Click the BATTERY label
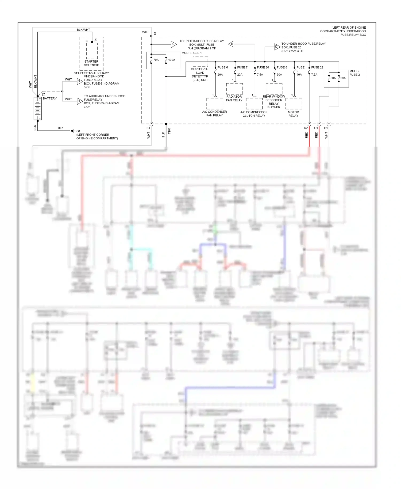(x=50, y=98)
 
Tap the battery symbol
(x=37, y=108)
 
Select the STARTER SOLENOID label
(x=91, y=63)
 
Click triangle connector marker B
(x=232, y=44)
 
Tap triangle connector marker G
(x=79, y=81)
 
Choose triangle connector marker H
(x=79, y=101)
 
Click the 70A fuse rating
(x=156, y=60)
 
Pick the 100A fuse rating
(x=172, y=60)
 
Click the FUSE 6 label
(x=222, y=67)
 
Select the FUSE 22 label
(x=317, y=67)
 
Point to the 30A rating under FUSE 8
(x=279, y=75)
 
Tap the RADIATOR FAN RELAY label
(x=234, y=98)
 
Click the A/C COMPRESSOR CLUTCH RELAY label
(x=254, y=114)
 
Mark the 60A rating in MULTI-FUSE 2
(x=333, y=78)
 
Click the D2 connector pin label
(x=306, y=128)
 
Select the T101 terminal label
(x=169, y=131)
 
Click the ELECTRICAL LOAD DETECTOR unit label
(x=200, y=75)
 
